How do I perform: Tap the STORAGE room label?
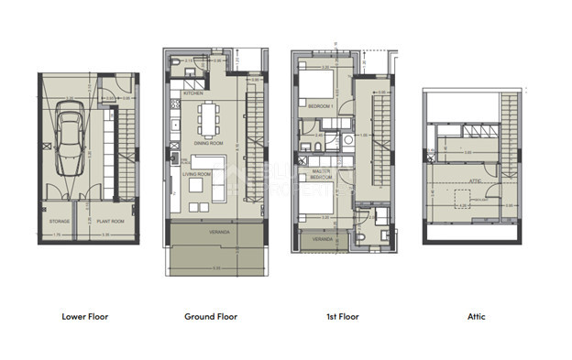tap(60, 221)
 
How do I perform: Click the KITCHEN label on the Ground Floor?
tap(193, 94)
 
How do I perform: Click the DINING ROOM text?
tap(208, 144)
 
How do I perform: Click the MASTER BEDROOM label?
tap(321, 175)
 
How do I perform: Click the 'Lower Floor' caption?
tap(85, 317)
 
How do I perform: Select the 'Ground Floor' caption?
tap(211, 317)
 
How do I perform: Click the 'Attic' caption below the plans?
tap(476, 317)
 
